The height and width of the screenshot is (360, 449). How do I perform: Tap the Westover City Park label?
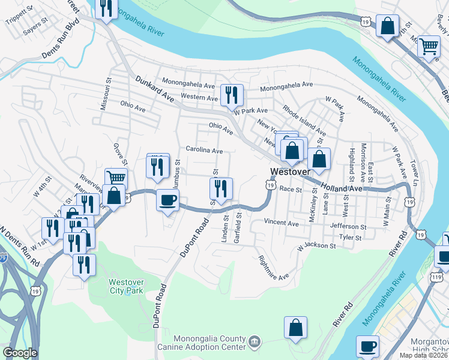tap(127, 287)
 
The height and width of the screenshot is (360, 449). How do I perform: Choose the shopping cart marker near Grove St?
tap(116, 178)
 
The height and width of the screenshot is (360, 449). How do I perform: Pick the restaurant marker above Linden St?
tap(220, 188)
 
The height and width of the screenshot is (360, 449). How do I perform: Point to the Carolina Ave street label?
tap(204, 151)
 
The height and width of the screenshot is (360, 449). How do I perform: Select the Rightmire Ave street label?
tap(273, 268)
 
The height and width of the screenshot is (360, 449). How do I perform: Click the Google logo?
tap(20, 353)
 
